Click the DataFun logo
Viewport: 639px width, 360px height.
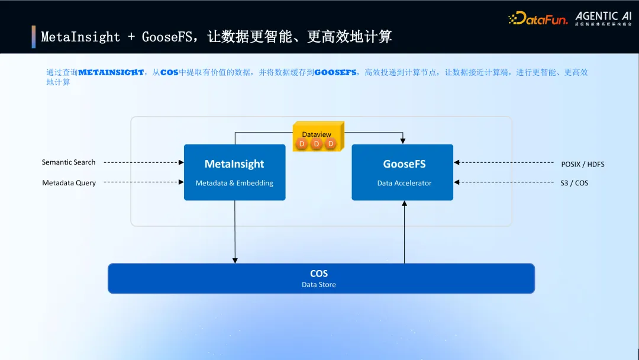pos(537,18)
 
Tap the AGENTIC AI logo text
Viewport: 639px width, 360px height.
pos(603,16)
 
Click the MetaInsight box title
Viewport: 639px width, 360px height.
pos(234,164)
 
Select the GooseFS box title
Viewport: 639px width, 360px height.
pos(404,164)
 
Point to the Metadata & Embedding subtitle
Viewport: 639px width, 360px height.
pos(234,183)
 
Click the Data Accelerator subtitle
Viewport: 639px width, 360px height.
pos(404,183)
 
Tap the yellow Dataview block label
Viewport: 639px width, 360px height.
pos(317,134)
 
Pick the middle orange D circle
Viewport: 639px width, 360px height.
pos(317,144)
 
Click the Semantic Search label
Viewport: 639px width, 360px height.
pos(69,162)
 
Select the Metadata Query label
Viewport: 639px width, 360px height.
pos(69,183)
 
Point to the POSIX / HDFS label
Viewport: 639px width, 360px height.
pos(583,164)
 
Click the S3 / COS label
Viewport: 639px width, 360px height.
pos(574,183)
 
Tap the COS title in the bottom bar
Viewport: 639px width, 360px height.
pos(319,274)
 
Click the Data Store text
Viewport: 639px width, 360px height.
pos(319,285)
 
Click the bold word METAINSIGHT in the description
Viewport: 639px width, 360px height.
pos(111,72)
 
